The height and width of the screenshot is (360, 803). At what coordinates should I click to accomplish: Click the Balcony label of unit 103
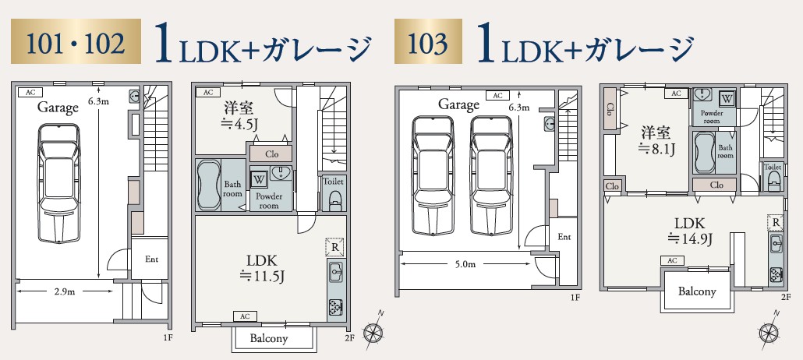tap(696, 291)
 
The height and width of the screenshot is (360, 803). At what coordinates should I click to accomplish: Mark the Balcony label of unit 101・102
tap(269, 338)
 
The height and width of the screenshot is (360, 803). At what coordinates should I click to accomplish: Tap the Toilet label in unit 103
tap(772, 167)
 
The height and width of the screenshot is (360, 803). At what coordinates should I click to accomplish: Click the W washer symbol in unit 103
tap(726, 98)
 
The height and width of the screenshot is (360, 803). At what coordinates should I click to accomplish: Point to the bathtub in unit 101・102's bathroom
tap(210, 185)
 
